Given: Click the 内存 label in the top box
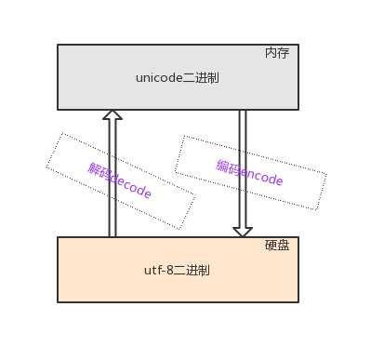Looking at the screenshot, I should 277,53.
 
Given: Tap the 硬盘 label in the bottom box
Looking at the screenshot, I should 277,246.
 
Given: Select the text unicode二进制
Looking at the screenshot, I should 177,78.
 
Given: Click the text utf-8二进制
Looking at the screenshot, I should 177,271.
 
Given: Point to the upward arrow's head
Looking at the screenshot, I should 113,115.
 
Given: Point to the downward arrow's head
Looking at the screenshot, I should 243,231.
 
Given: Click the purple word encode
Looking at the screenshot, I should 261,176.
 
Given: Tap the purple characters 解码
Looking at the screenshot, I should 99,171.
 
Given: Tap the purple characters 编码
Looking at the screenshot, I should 228,167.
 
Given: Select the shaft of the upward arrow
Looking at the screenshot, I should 113,177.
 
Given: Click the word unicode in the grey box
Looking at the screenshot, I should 158,78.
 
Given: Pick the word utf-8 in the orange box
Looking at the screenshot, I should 159,271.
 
